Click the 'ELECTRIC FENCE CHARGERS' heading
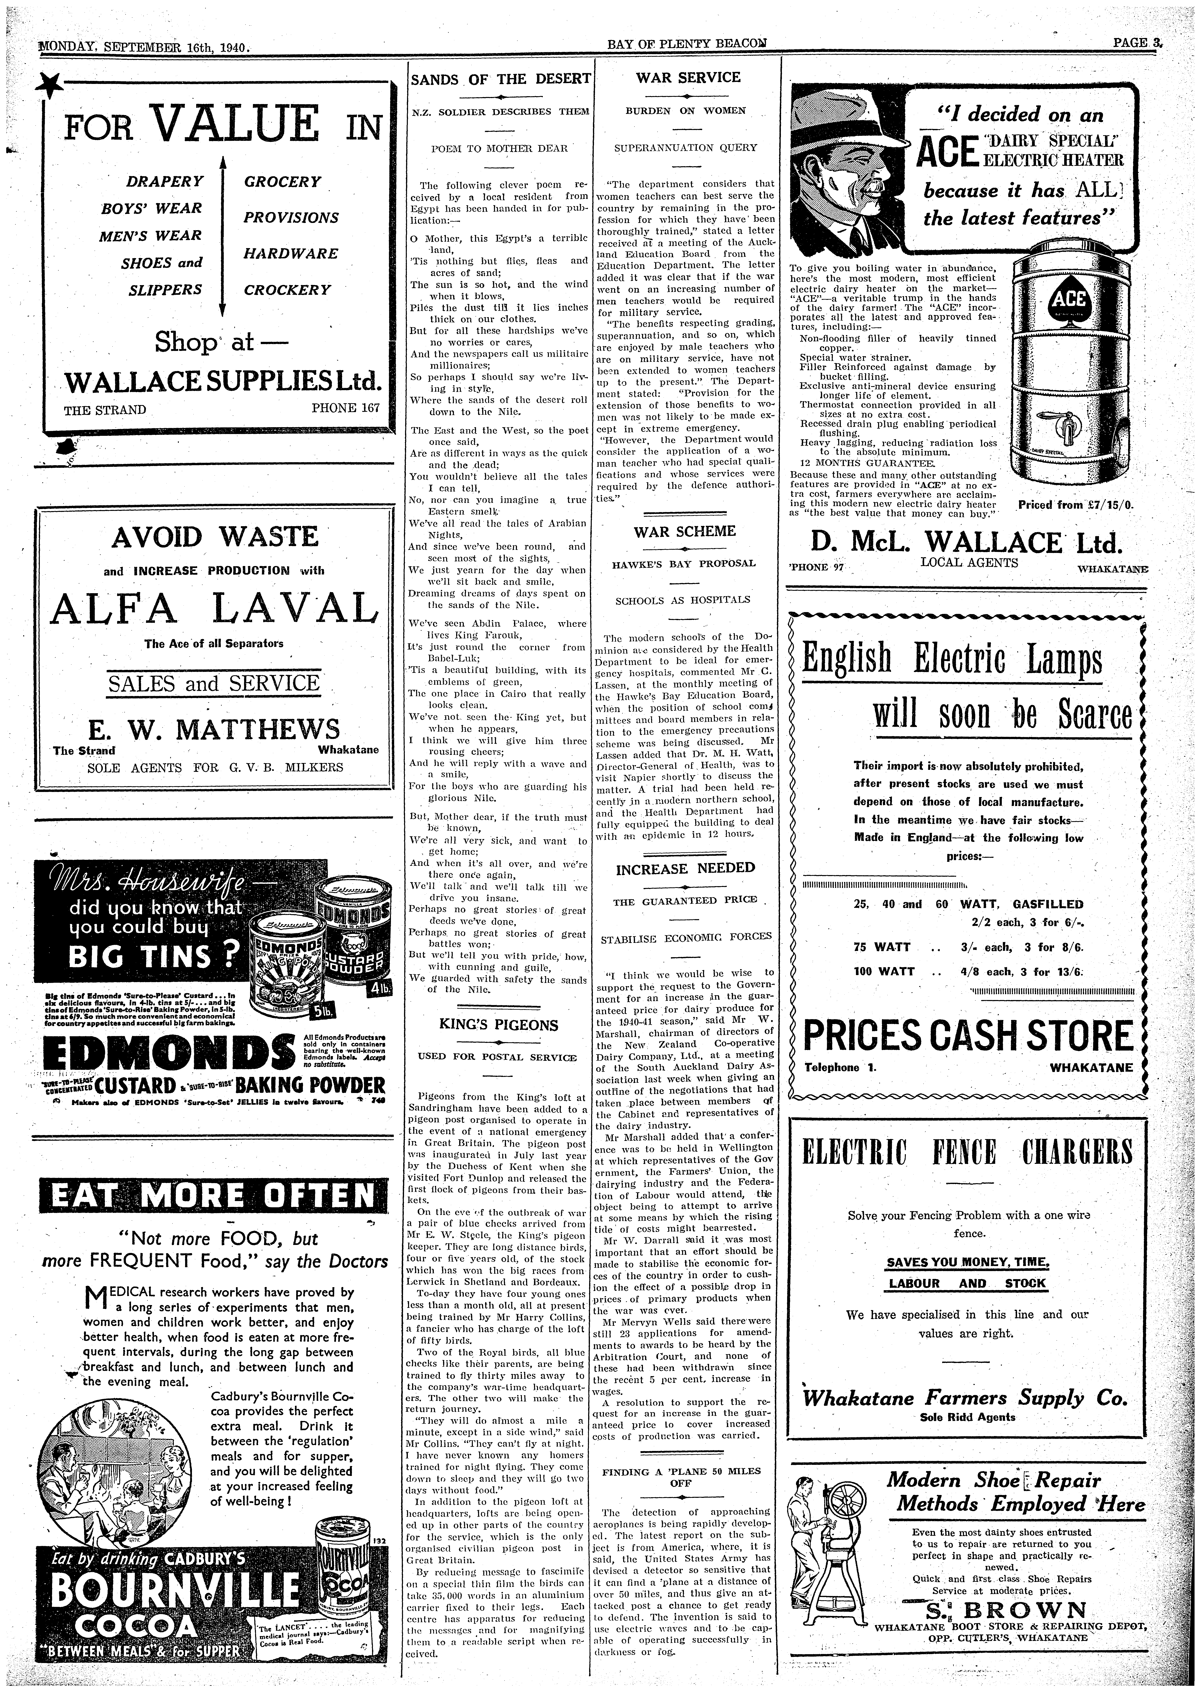[968, 1151]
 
